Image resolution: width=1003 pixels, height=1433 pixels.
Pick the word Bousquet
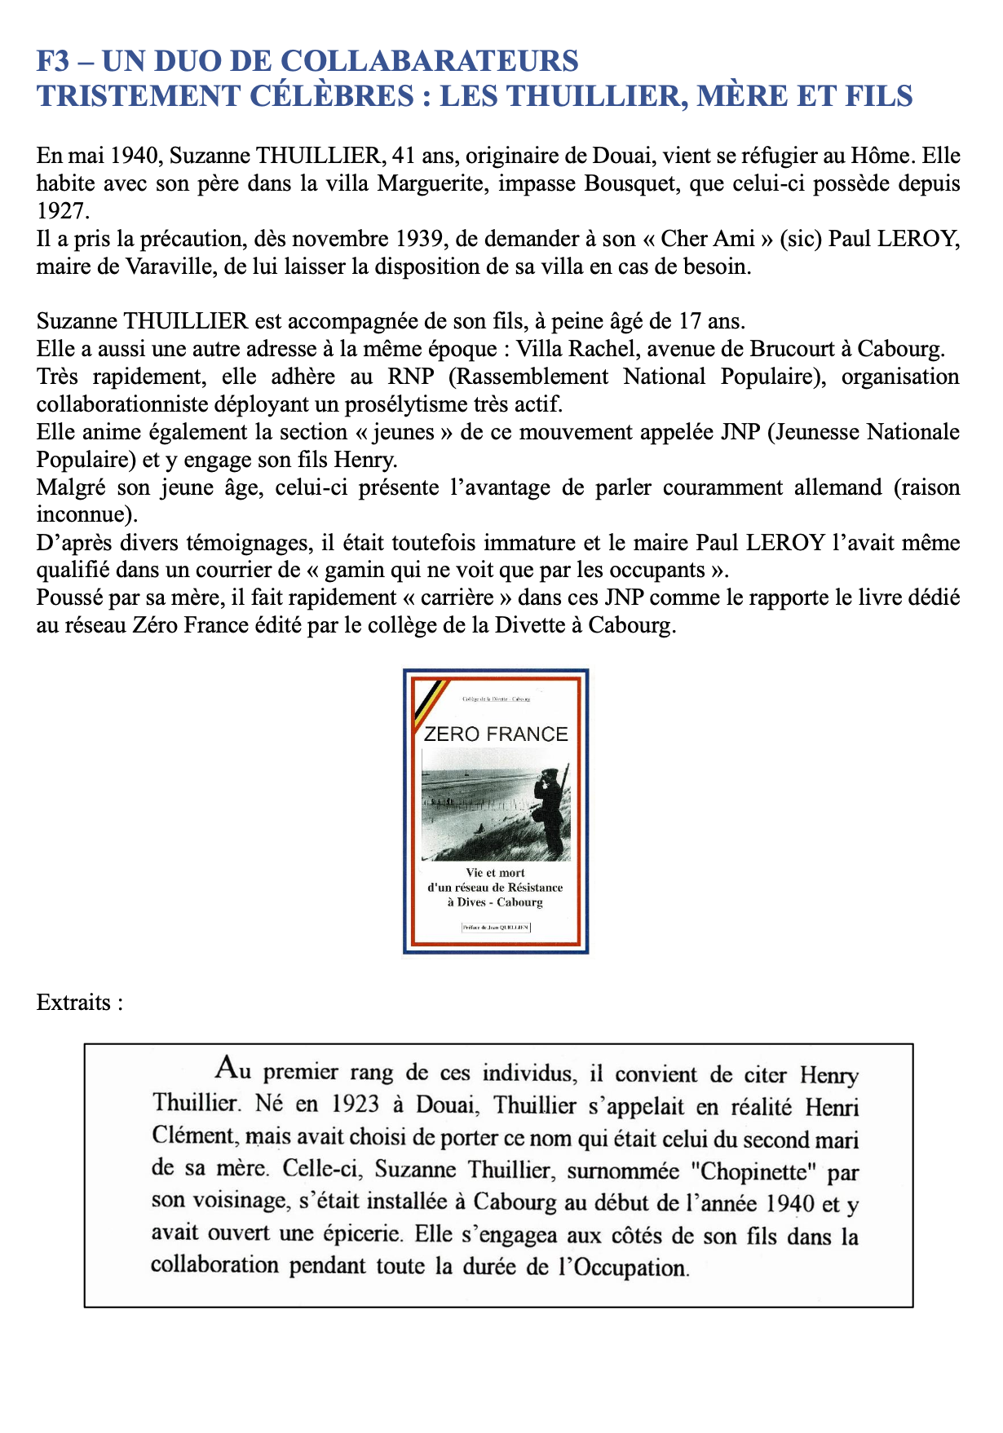[630, 183]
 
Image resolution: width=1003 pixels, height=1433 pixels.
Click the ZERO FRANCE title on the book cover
[496, 734]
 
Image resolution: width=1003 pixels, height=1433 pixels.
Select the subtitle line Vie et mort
[495, 872]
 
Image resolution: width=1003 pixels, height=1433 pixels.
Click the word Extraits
[73, 1002]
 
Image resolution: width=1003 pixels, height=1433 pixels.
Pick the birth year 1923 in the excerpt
[356, 1105]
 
